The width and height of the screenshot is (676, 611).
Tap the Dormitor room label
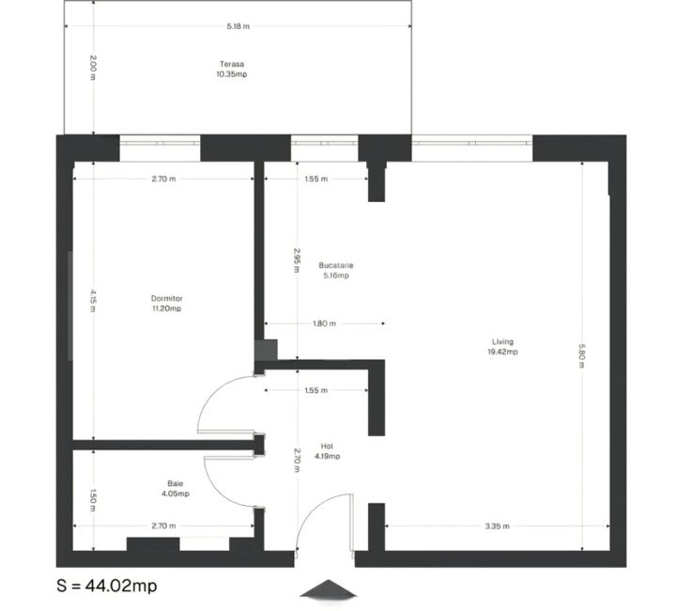tap(165, 299)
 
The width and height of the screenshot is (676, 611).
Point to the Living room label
tap(502, 342)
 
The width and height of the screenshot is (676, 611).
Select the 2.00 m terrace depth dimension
tap(93, 69)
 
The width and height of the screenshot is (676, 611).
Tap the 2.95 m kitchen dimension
tap(297, 260)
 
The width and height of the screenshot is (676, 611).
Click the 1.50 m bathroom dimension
tap(93, 499)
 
